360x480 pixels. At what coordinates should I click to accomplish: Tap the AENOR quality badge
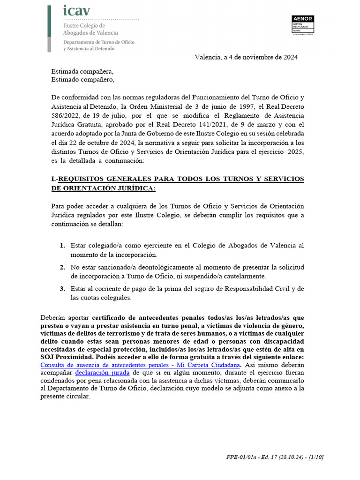click(x=302, y=25)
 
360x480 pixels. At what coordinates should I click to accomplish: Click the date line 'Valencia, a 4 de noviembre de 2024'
click(x=246, y=57)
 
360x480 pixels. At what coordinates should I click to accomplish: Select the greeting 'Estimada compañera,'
click(x=82, y=72)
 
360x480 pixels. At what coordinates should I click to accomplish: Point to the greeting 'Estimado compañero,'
click(x=82, y=80)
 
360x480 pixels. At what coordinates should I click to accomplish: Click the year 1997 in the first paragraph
click(x=243, y=106)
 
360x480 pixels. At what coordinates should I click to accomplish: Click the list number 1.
click(x=62, y=246)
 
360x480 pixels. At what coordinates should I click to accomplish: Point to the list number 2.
click(x=62, y=267)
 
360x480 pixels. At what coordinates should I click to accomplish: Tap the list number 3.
click(x=62, y=289)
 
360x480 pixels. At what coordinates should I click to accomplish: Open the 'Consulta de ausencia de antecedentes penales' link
click(x=141, y=365)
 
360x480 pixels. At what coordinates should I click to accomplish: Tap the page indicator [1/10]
click(x=314, y=457)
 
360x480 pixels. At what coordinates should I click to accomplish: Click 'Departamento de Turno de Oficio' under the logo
click(x=99, y=42)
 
